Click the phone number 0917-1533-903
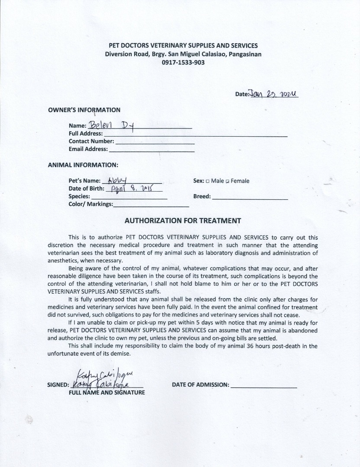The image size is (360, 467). (183, 62)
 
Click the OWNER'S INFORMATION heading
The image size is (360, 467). (84, 110)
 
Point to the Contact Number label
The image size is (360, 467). (91, 141)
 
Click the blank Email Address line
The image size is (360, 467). (151, 150)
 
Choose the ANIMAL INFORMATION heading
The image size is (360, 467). (83, 165)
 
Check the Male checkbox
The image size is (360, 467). (208, 181)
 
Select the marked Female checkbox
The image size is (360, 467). (228, 181)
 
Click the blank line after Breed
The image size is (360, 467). (250, 198)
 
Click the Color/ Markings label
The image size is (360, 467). (90, 204)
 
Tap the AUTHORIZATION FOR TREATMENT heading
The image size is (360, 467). (183, 220)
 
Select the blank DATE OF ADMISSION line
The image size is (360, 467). (264, 386)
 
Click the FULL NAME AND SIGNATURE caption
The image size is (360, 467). (107, 393)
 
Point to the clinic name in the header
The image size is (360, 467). (183, 46)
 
